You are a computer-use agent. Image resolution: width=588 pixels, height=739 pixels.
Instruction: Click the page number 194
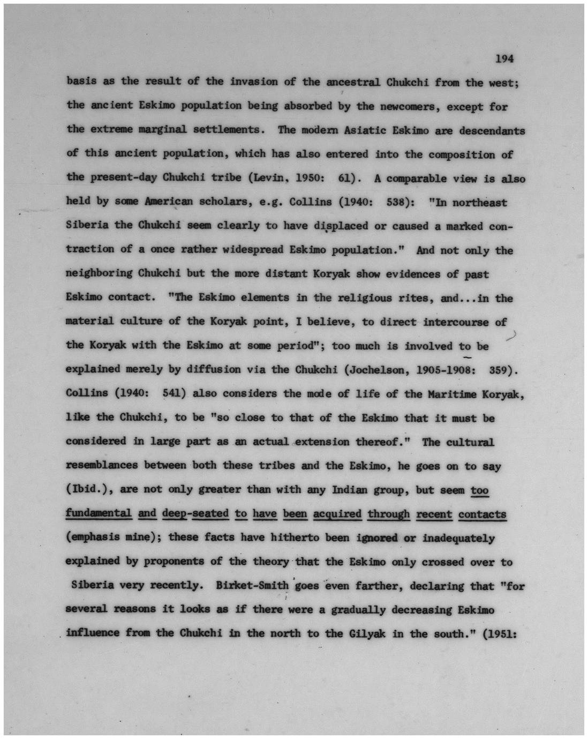click(504, 58)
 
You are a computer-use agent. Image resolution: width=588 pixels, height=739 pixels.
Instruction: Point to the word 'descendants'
click(492, 130)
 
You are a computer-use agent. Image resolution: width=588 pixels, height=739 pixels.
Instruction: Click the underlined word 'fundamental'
click(99, 513)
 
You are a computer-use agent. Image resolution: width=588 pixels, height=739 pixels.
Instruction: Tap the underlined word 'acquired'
click(337, 514)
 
